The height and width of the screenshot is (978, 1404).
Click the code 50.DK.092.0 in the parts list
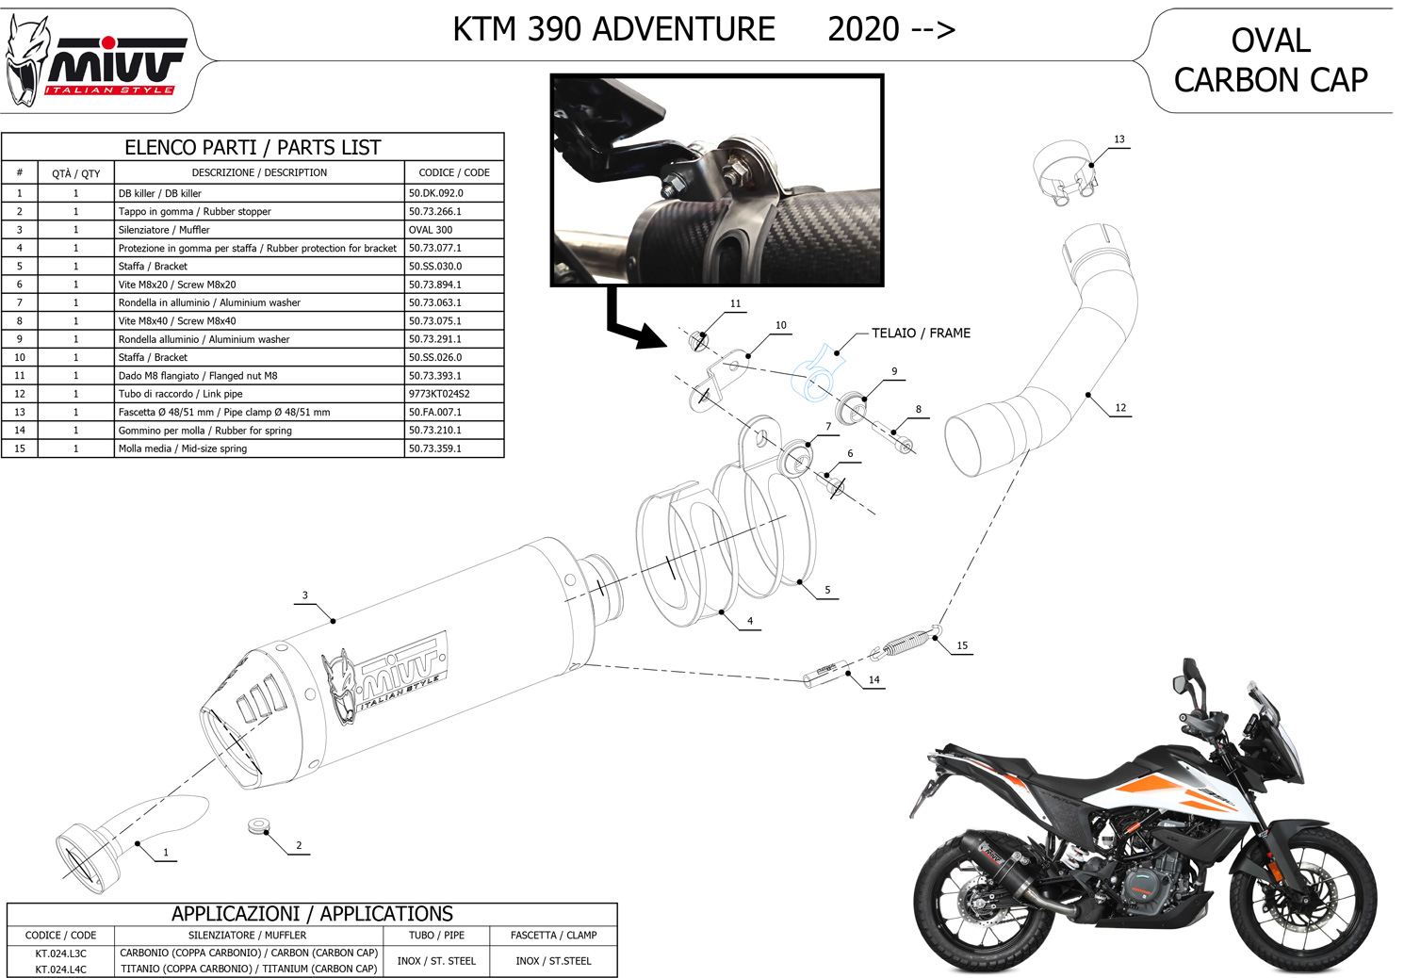pos(436,193)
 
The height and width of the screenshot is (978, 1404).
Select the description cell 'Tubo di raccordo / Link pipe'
pos(181,394)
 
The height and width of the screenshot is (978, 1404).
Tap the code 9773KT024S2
pos(439,394)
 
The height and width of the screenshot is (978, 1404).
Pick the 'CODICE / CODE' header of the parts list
pos(453,172)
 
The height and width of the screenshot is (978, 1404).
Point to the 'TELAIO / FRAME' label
pos(920,334)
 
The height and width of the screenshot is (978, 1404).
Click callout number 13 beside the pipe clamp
pos(1118,139)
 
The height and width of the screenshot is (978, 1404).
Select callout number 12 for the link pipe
pos(1120,408)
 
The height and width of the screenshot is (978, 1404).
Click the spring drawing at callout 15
pos(904,642)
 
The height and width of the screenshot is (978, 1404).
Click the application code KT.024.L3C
pos(61,954)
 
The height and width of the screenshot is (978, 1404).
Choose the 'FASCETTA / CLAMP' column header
pos(553,935)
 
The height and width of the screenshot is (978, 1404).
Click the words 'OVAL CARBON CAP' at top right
pos(1270,60)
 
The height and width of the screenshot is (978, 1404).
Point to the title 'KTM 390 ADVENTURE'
pos(613,30)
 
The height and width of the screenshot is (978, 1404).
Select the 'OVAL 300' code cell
pos(431,230)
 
